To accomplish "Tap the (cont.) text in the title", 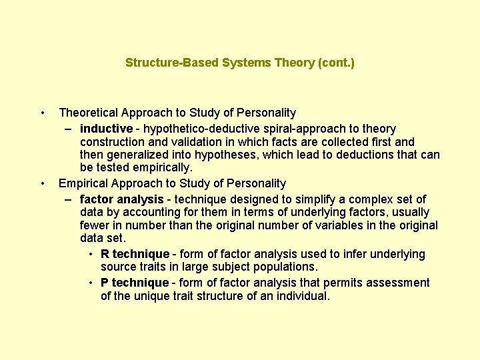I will point(337,63).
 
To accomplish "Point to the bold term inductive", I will point(106,128).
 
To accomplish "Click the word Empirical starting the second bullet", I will point(83,183).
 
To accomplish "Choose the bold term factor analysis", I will point(121,199).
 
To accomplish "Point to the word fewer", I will point(95,225).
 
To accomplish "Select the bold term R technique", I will point(135,254).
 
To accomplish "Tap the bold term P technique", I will point(135,283).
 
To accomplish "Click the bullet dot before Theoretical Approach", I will point(42,113).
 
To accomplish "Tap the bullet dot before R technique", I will point(90,254).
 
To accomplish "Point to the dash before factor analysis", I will point(69,199).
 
